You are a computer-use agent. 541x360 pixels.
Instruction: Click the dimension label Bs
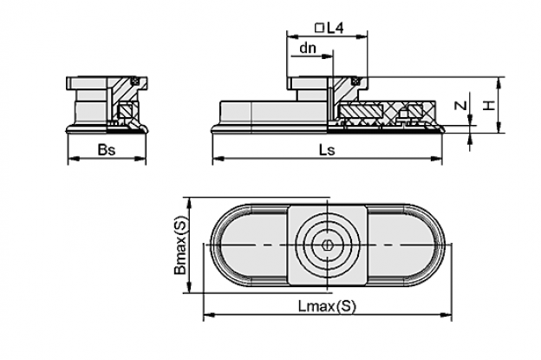[x=107, y=150]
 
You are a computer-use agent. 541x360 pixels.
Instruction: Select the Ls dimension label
[x=327, y=150]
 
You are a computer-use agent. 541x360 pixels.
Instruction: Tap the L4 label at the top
[x=335, y=28]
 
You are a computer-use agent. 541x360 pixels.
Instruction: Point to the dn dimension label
[x=308, y=49]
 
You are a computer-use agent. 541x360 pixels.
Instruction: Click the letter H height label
[x=488, y=105]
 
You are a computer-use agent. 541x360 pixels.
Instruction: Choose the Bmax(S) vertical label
[x=180, y=245]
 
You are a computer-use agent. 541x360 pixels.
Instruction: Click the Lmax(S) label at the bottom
[x=326, y=306]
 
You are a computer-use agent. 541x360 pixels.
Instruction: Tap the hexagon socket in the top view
[x=327, y=245]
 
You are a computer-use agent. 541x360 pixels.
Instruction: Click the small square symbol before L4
[x=320, y=28]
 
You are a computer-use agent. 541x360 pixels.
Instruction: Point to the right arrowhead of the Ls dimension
[x=436, y=159]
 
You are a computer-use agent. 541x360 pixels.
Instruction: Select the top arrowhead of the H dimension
[x=499, y=82]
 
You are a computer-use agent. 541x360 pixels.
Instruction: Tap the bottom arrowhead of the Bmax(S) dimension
[x=189, y=286]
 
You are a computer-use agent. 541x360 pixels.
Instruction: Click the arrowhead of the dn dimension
[x=327, y=56]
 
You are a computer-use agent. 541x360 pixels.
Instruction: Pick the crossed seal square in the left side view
[x=134, y=82]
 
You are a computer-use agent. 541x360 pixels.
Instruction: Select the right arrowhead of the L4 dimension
[x=362, y=36]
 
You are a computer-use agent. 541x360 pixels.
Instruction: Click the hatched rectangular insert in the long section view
[x=362, y=111]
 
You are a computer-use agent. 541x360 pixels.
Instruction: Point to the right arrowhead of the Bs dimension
[x=140, y=159]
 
